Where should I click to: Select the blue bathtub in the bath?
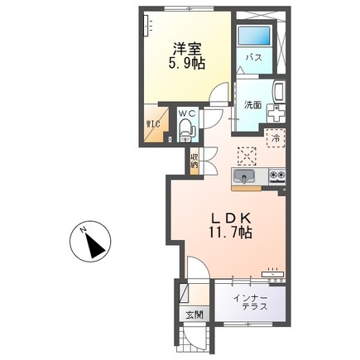253,36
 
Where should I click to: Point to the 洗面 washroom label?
252,105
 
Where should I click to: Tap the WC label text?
187,112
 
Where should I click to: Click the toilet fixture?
186,127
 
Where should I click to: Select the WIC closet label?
154,126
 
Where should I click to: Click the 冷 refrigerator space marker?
275,138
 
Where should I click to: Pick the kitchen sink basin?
245,177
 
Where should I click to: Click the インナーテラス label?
249,301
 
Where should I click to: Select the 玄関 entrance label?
194,314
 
